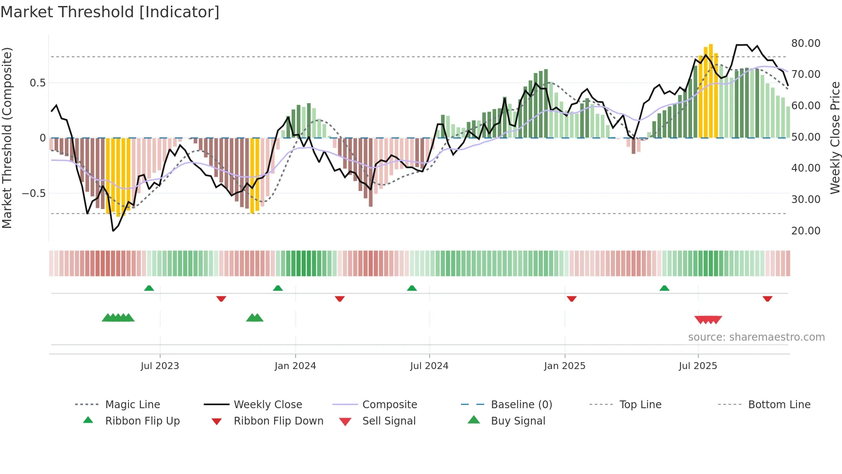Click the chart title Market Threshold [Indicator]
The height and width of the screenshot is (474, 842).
(x=110, y=12)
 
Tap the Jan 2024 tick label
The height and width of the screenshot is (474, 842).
(x=295, y=366)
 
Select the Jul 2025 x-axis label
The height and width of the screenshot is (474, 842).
(x=698, y=366)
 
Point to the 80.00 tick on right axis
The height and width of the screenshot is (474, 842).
(x=805, y=43)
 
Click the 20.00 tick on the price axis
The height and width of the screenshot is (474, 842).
(x=805, y=231)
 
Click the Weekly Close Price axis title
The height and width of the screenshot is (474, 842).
(x=835, y=138)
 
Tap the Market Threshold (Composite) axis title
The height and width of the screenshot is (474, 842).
(x=7, y=138)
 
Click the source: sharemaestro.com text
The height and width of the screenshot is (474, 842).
(x=756, y=337)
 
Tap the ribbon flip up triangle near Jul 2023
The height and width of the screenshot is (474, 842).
(x=149, y=288)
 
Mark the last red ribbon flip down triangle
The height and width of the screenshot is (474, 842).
(x=767, y=299)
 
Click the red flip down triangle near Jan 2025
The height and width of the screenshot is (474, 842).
(x=571, y=299)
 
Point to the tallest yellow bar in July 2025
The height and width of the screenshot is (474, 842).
(x=711, y=90)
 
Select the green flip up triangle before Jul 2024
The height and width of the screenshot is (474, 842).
(x=412, y=288)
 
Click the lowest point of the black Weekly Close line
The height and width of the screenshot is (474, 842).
(x=113, y=231)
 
